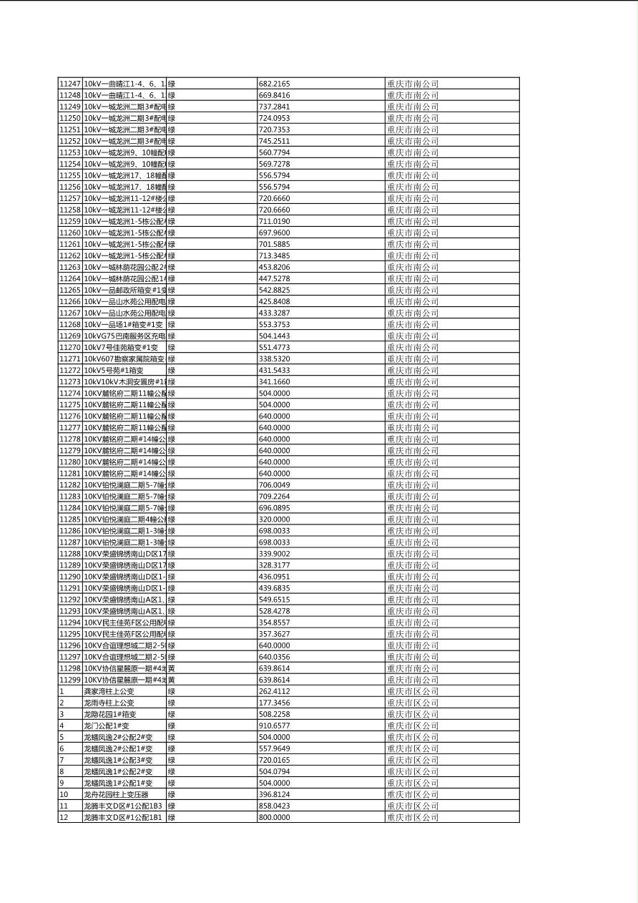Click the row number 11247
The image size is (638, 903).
(70, 84)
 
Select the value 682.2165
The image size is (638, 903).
(275, 84)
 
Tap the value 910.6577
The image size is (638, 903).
(275, 726)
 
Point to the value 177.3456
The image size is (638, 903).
(275, 703)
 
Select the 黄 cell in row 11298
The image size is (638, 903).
(172, 668)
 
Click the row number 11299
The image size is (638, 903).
(70, 680)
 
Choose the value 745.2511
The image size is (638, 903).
(275, 141)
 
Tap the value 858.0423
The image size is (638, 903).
(275, 806)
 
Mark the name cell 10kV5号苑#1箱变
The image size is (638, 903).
(114, 370)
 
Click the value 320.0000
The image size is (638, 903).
(275, 519)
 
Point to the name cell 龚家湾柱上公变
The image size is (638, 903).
(109, 691)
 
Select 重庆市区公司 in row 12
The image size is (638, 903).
(413, 817)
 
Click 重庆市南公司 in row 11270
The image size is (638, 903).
(413, 347)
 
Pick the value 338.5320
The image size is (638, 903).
(275, 358)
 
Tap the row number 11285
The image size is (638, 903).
(70, 519)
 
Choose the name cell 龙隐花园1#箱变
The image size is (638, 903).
(110, 714)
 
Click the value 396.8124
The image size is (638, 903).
(275, 794)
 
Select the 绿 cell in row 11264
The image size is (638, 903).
(172, 278)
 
